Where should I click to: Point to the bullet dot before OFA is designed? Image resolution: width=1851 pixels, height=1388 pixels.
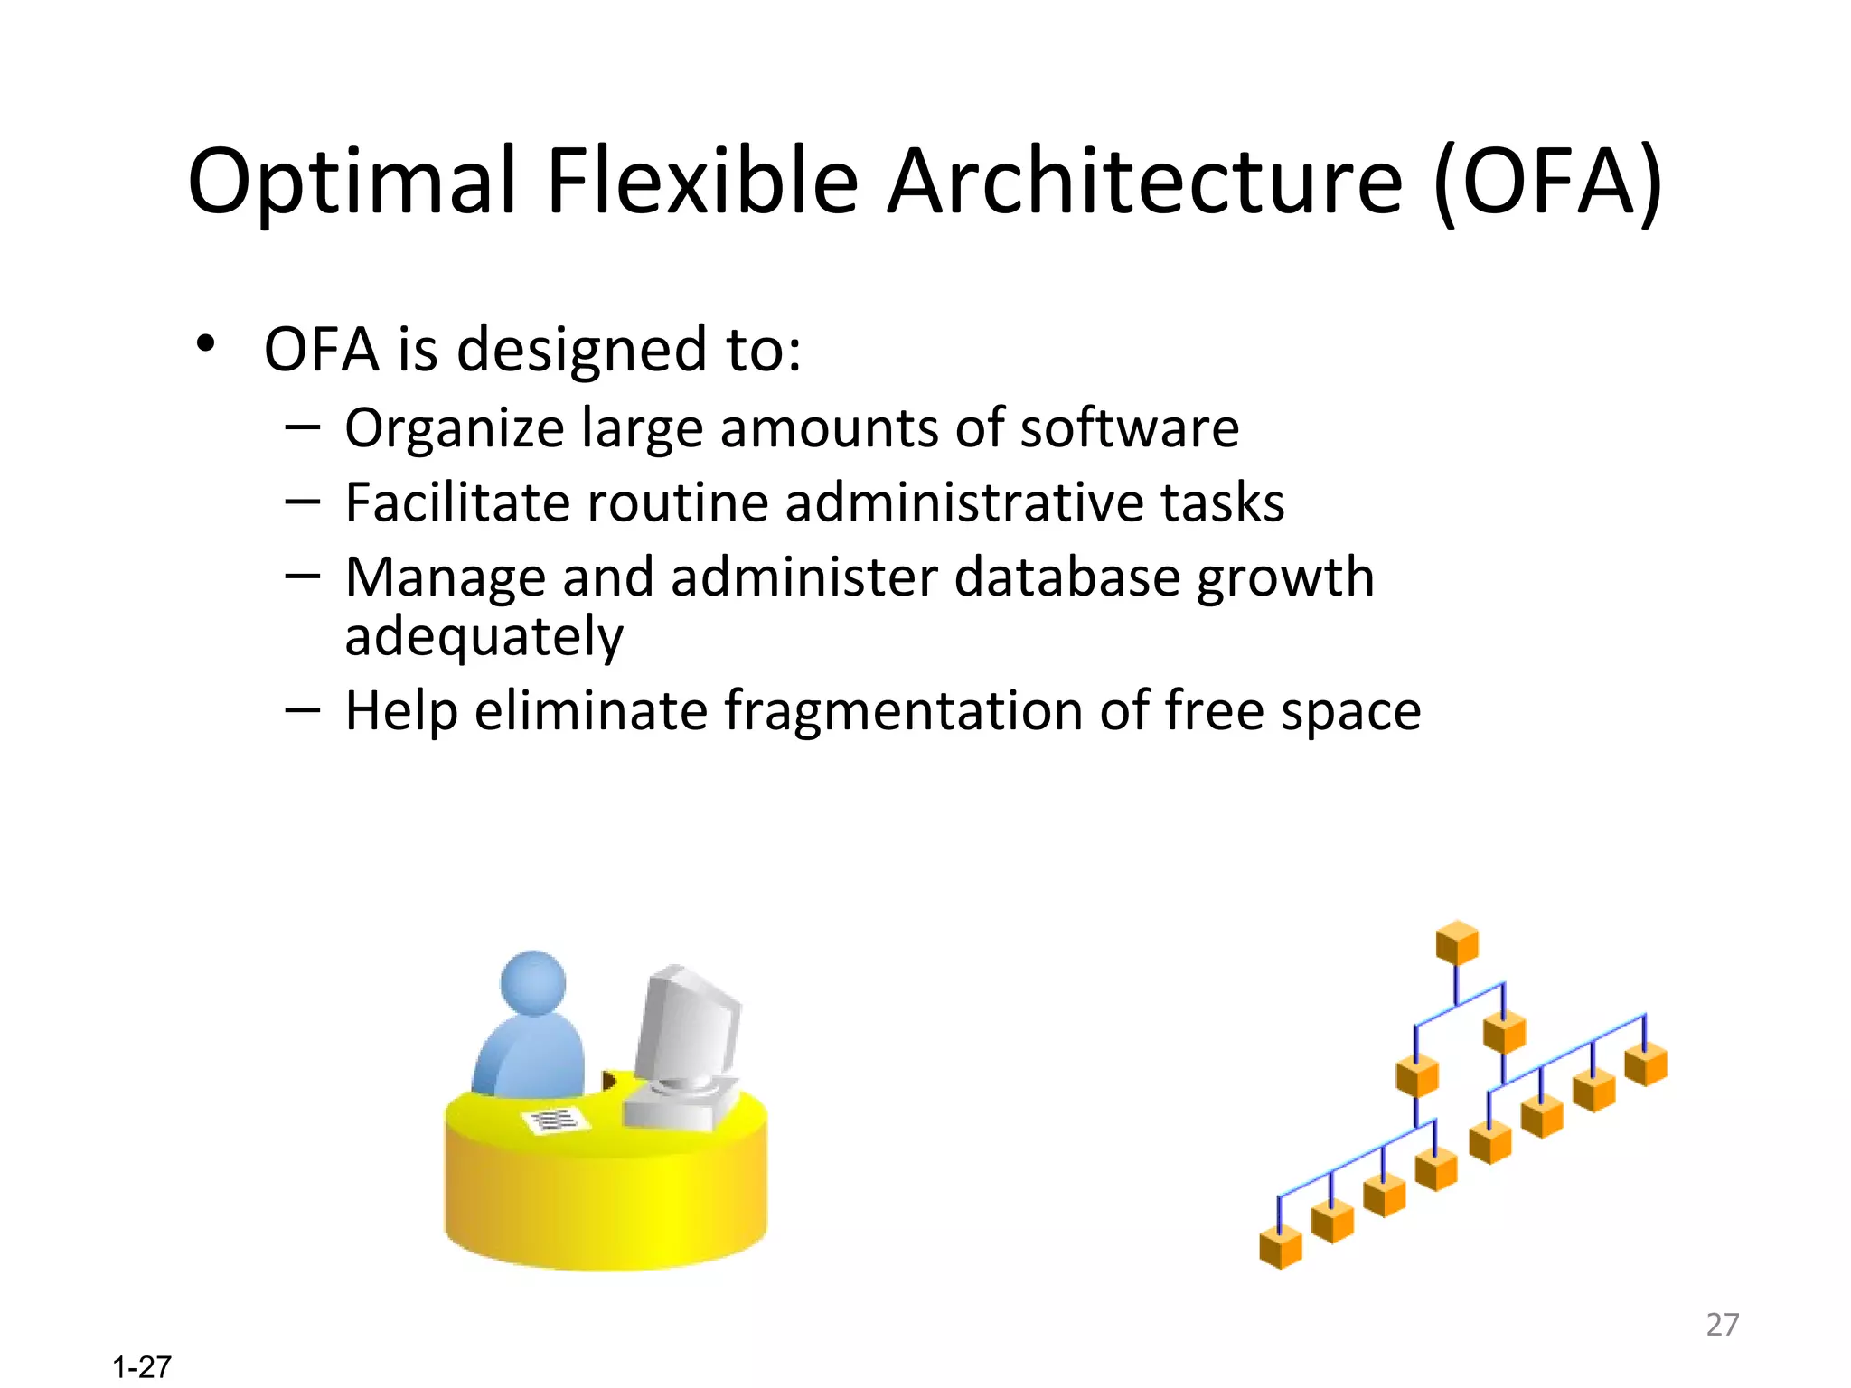[x=206, y=344]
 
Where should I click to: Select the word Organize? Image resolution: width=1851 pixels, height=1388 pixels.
[x=454, y=427]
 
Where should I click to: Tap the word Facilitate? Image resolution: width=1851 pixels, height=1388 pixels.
[x=456, y=502]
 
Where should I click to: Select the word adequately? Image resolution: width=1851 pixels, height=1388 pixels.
[x=484, y=636]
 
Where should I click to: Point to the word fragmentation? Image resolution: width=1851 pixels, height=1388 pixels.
[x=903, y=710]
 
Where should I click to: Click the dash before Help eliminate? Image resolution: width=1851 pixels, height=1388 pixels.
[x=302, y=709]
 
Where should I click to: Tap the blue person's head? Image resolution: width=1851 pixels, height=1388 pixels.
[x=533, y=983]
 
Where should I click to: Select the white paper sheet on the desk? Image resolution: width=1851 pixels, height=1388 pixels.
[x=554, y=1121]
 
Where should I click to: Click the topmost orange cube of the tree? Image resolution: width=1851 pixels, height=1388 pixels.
[x=1456, y=943]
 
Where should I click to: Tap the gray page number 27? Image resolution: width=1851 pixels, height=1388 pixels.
[x=1722, y=1324]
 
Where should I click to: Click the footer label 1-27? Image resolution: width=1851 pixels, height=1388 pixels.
[x=142, y=1367]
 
